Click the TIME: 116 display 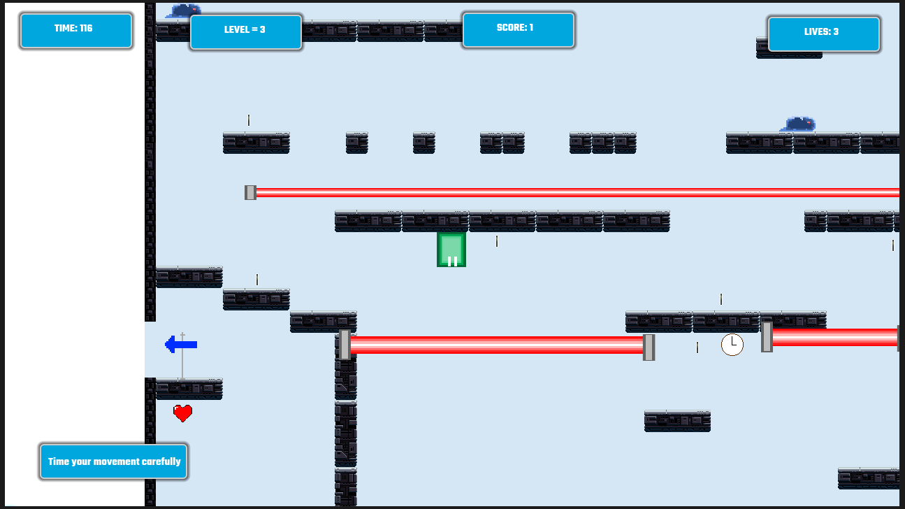[x=76, y=31]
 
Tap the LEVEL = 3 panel [x=246, y=32]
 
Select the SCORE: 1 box [x=519, y=29]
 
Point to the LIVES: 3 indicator [x=824, y=34]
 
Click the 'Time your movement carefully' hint [x=113, y=461]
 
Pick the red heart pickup [x=182, y=413]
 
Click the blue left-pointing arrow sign [x=181, y=345]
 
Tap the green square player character [x=451, y=250]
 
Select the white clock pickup [x=732, y=345]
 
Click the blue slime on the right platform [x=798, y=124]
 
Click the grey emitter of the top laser [x=250, y=192]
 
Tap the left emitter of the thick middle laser [x=345, y=345]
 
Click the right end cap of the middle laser [x=649, y=347]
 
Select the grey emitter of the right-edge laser [x=767, y=337]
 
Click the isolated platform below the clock [x=678, y=422]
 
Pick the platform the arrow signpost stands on [x=189, y=389]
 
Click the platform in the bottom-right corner [x=869, y=478]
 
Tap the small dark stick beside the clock [x=697, y=347]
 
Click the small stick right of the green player [x=497, y=241]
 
